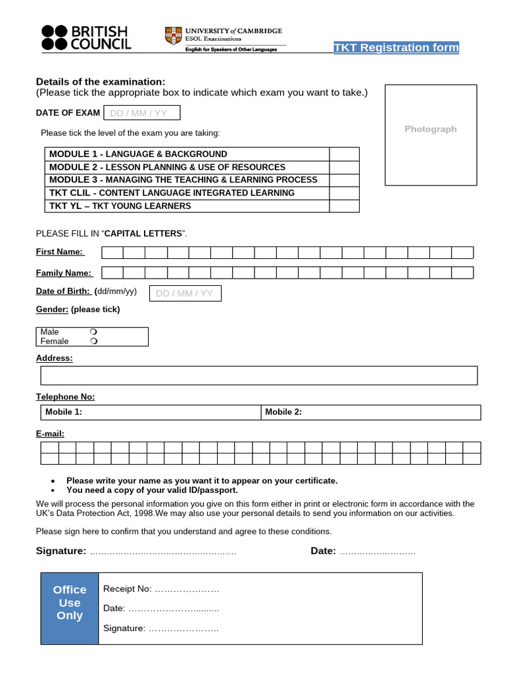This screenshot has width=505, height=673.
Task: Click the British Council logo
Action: pos(86,37)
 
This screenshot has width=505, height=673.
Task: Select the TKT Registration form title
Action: pos(396,47)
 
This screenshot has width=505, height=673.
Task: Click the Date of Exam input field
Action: pos(141,113)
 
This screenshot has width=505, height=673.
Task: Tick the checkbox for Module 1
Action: pos(344,154)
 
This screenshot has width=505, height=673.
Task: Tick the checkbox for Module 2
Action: pos(344,167)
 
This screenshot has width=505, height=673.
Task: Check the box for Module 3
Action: pos(344,179)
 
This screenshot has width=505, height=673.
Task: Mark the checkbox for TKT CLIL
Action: pos(344,193)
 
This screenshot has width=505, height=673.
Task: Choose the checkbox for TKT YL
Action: pos(344,206)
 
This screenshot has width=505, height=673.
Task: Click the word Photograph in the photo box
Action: pos(430,129)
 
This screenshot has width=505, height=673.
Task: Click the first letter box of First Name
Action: pos(112,252)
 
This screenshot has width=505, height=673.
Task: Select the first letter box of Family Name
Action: pos(112,273)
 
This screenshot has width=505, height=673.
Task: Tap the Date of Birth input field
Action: pos(185,293)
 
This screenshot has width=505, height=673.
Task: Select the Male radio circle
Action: pos(94,332)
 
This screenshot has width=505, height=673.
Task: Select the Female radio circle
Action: pos(94,341)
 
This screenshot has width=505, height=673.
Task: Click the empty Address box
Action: pos(258,375)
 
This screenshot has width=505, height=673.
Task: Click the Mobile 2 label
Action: pos(283,412)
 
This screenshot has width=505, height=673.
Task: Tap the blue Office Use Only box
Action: pos(70,603)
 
